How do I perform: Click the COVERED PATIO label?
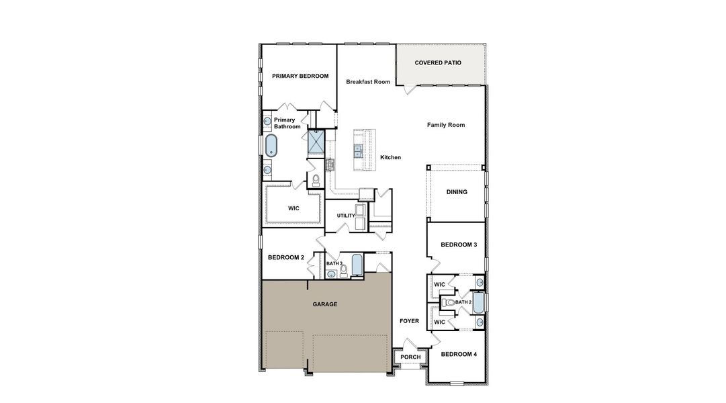(438, 62)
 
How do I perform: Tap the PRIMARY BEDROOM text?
(300, 77)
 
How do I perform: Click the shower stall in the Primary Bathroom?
(316, 141)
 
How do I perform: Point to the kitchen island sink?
(359, 150)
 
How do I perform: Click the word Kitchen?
(390, 157)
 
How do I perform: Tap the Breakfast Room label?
(368, 82)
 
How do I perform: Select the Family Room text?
(446, 125)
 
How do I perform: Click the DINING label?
(457, 192)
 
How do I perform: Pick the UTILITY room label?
(346, 216)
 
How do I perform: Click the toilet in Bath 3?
(344, 271)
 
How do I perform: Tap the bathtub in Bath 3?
(357, 265)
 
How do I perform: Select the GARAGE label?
(325, 304)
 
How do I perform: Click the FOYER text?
(409, 321)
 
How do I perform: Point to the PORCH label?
(410, 357)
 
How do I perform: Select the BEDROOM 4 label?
(459, 354)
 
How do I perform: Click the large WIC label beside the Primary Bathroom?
(293, 208)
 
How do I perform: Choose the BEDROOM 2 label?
(286, 257)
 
